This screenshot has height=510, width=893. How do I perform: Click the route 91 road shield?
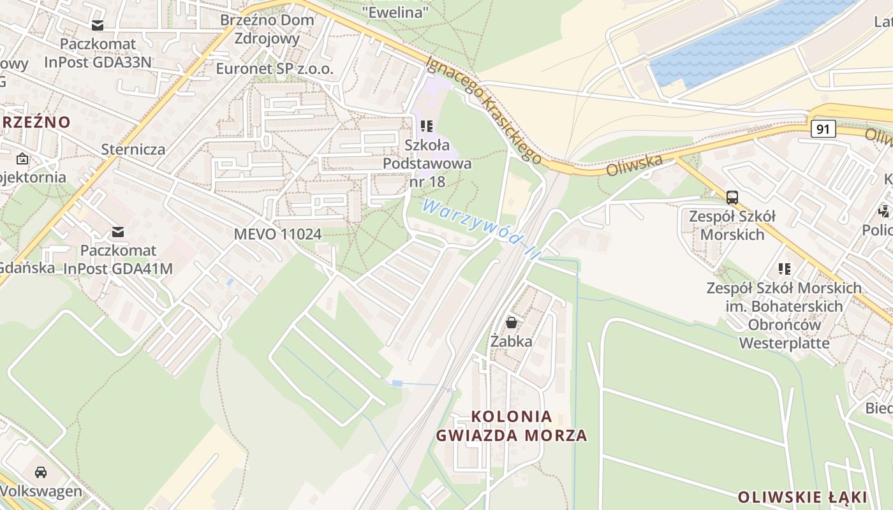point(823,129)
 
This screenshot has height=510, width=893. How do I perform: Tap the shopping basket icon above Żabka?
point(511,323)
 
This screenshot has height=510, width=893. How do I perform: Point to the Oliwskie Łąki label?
point(802,497)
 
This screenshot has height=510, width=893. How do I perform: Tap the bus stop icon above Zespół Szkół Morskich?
point(732,197)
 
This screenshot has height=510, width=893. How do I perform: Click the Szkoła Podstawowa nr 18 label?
point(427,163)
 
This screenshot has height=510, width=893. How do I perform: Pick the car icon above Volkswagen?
point(41,472)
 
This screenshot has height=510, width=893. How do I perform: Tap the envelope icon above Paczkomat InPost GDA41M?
point(118,231)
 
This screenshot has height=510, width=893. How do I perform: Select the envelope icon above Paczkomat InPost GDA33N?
point(98,25)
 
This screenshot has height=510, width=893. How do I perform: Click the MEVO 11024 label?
point(277,234)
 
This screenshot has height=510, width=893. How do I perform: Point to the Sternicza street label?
point(133,150)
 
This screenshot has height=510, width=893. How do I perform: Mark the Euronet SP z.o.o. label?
point(275,69)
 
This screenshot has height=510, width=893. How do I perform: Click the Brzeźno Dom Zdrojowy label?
point(267,29)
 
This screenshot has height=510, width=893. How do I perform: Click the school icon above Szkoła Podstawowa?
point(427,126)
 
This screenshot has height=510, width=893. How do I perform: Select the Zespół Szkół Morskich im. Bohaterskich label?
point(784,306)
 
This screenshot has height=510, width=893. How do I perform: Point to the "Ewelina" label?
point(395,11)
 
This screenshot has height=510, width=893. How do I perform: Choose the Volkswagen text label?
point(41,492)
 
